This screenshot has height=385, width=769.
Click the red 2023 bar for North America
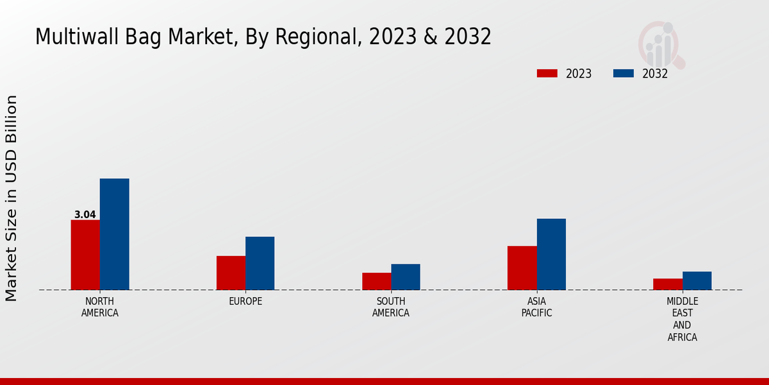[x=85, y=255]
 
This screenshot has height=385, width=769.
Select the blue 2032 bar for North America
[x=114, y=234]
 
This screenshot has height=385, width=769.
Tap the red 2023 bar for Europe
[x=231, y=273]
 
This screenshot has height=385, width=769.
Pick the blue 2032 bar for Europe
[x=260, y=263]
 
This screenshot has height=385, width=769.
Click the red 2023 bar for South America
[x=376, y=281]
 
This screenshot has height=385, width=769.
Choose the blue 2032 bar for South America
[x=406, y=277]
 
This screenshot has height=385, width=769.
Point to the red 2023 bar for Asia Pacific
[x=522, y=268]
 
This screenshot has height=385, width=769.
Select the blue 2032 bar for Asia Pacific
[x=551, y=254]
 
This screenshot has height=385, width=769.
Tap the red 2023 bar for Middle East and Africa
[x=668, y=284]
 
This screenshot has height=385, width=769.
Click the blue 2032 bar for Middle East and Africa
[x=697, y=280]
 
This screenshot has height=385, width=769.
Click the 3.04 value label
[x=85, y=215]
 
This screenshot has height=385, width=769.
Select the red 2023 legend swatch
[x=547, y=73]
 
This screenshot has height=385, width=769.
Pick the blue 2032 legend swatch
[x=623, y=73]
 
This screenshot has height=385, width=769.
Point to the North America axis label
[x=100, y=307]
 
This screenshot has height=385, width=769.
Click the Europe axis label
[x=245, y=302]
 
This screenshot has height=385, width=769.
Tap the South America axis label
[x=391, y=307]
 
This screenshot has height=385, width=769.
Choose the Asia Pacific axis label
[x=536, y=307]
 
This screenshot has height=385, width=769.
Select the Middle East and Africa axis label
[x=682, y=319]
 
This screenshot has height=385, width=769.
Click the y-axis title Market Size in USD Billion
[x=12, y=198]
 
